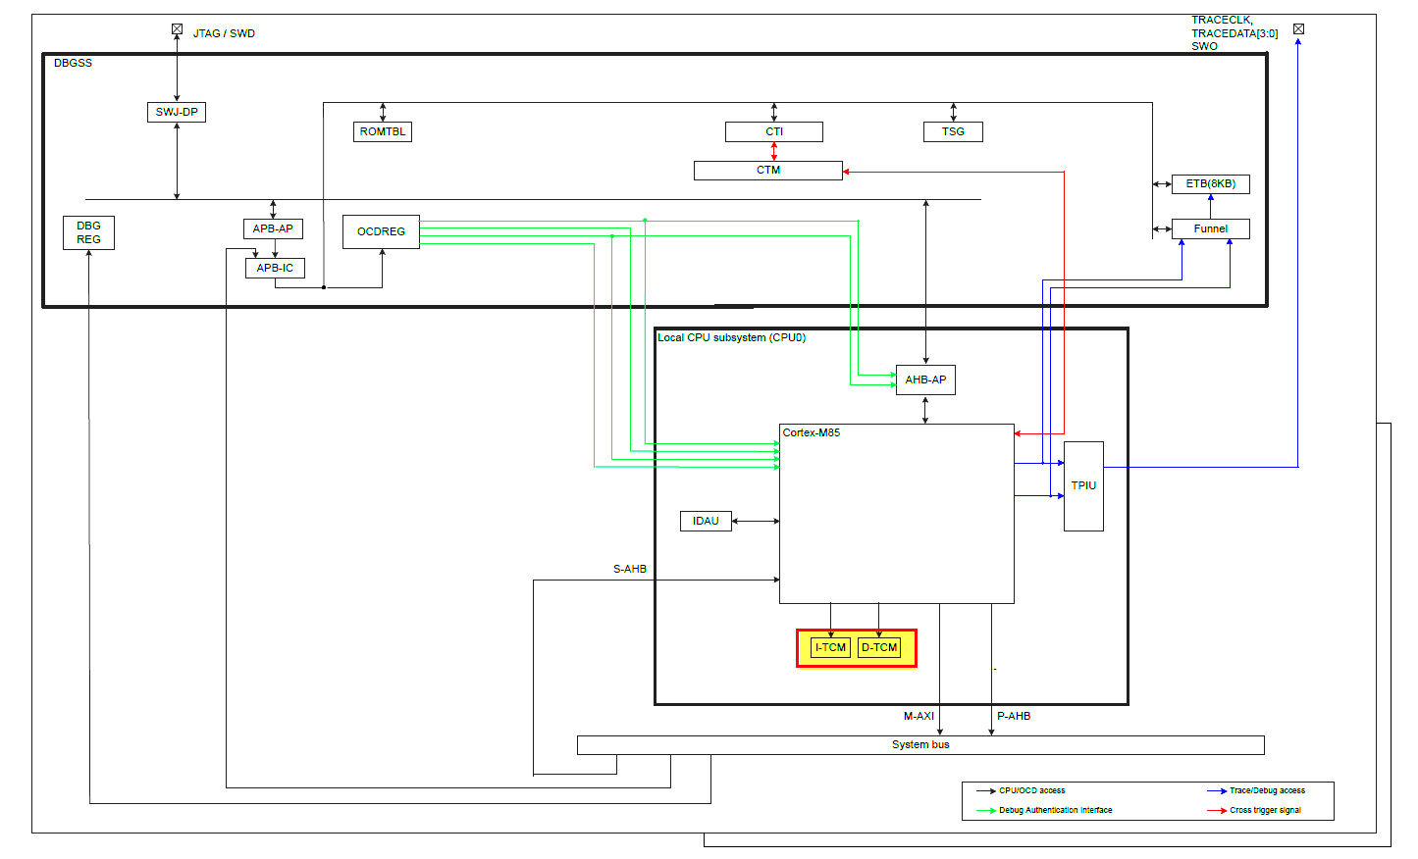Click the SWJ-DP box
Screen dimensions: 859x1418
point(177,112)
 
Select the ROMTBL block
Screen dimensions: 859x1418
point(383,131)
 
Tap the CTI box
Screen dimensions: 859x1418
point(774,131)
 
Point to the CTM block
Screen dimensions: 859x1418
point(768,171)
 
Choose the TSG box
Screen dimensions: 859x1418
point(953,131)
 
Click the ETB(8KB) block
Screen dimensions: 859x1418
point(1210,184)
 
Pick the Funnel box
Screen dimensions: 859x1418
point(1210,229)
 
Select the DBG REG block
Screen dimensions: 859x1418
point(88,232)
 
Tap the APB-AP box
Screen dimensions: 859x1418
point(273,228)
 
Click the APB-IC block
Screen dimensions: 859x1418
point(275,268)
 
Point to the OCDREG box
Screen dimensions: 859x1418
point(381,231)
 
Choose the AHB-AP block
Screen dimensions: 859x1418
point(925,379)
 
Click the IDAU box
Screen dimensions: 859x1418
point(706,521)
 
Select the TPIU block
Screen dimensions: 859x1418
point(1083,485)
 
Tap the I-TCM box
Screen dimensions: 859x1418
point(830,647)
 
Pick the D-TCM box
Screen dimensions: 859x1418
point(879,647)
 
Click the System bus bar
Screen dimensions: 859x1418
point(920,745)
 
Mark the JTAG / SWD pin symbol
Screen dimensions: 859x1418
point(177,29)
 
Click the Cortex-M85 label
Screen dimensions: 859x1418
point(812,432)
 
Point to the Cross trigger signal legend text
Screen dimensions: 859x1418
point(1265,810)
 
